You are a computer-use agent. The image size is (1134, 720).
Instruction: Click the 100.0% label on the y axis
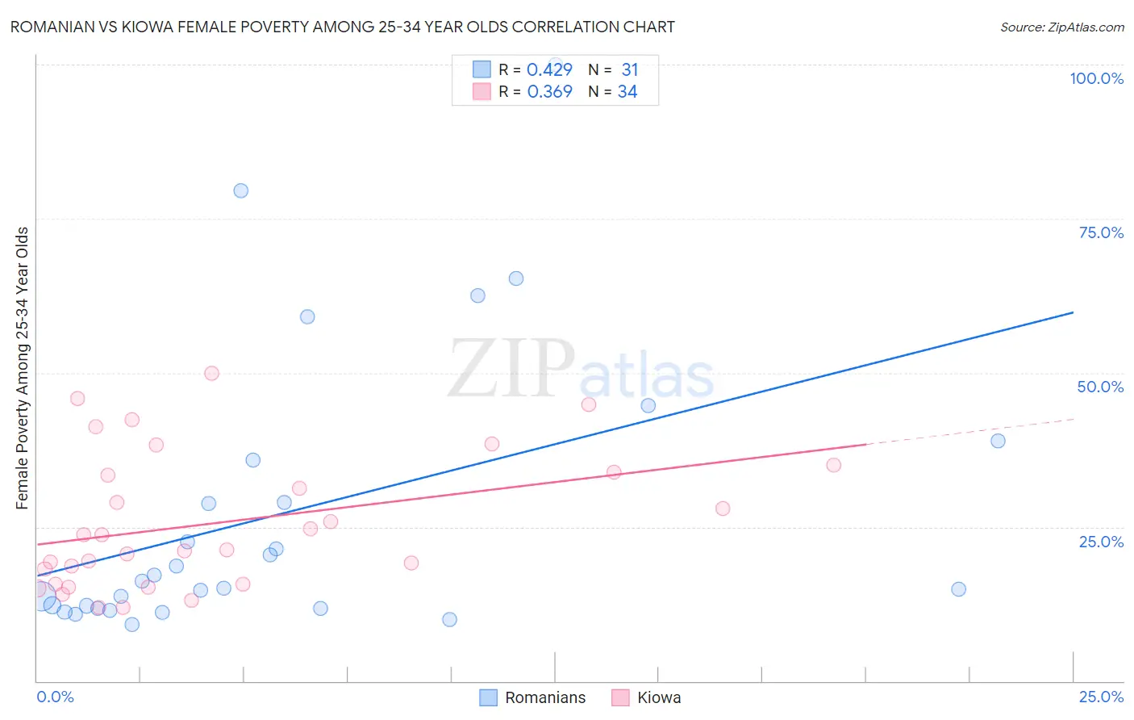1096,78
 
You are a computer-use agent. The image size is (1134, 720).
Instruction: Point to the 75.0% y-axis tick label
1101,232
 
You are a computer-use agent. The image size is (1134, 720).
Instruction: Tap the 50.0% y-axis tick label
1100,387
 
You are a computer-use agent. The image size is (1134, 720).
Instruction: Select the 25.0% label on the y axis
1101,542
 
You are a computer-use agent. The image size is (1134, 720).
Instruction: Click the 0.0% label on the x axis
55,697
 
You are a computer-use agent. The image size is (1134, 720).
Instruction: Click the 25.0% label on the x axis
1101,697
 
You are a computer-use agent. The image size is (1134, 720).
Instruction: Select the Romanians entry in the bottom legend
545,697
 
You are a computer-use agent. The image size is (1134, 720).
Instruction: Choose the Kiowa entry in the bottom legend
659,697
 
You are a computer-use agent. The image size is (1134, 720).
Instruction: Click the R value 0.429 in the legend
549,70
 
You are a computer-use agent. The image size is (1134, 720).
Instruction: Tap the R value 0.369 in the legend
549,92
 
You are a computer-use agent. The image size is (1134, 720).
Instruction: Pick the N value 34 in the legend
627,92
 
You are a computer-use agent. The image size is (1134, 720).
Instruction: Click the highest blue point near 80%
240,191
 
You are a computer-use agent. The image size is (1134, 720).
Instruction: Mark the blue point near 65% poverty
516,278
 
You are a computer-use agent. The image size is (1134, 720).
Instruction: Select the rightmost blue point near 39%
998,441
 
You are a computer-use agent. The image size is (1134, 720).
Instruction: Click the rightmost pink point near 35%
834,465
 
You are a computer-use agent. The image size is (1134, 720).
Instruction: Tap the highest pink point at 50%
211,373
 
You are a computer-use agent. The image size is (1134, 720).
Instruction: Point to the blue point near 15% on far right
958,589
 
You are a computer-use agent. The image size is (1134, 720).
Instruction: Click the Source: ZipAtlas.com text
1061,27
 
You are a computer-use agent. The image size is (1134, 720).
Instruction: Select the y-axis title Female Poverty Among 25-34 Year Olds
22,368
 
